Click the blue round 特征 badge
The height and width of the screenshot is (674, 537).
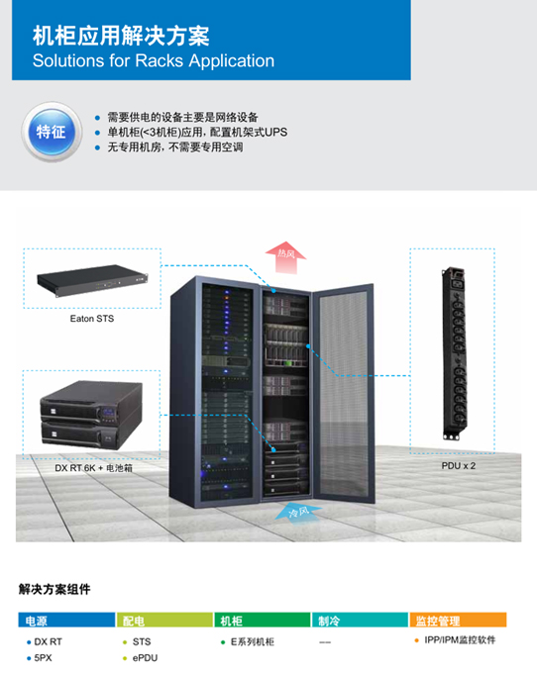point(52,132)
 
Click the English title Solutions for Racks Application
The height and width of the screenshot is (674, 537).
point(154,60)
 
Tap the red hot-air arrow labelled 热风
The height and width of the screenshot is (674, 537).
point(285,257)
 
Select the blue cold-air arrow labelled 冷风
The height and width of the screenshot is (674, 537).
point(297,512)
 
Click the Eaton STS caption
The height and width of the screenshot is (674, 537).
point(92,319)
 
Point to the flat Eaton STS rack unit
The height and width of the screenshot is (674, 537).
point(92,280)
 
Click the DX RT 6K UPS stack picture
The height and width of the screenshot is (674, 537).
point(91,415)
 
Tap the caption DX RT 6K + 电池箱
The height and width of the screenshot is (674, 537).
point(93,468)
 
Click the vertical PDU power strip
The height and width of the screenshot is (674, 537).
point(455,353)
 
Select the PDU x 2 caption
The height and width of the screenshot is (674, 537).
point(459,465)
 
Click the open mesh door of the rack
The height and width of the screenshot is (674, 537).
point(343,393)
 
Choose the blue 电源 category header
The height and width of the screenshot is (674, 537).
point(66,621)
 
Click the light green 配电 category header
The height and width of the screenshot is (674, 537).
point(164,621)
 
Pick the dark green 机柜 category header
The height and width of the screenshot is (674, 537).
point(263,621)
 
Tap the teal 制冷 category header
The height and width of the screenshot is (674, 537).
point(360,621)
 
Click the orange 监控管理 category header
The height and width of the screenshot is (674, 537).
point(458,621)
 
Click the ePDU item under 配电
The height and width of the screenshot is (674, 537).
point(145,658)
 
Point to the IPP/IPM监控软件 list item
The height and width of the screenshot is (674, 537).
point(460,640)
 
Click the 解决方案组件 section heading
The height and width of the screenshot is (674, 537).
point(54,589)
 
